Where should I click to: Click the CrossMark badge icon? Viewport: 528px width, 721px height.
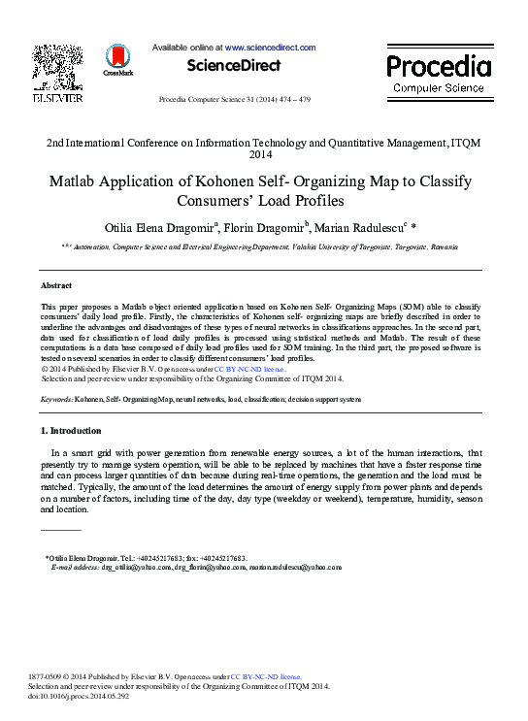tap(117, 61)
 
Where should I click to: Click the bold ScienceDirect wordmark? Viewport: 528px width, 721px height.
tap(234, 66)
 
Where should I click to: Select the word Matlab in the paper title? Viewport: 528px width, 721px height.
tap(77, 181)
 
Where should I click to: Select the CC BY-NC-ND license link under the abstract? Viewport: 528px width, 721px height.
tap(249, 370)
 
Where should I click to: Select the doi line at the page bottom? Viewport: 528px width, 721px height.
tap(80, 696)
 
